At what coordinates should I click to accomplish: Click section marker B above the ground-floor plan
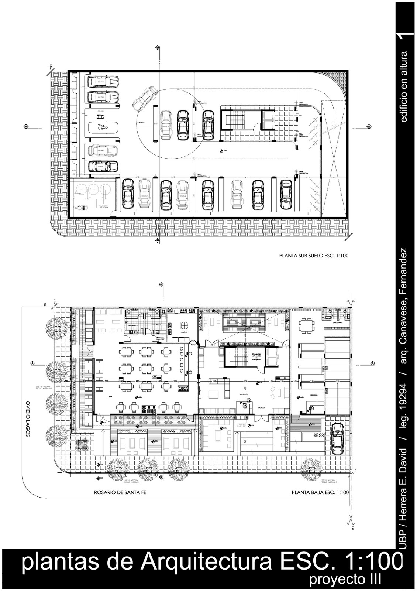click(x=161, y=284)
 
